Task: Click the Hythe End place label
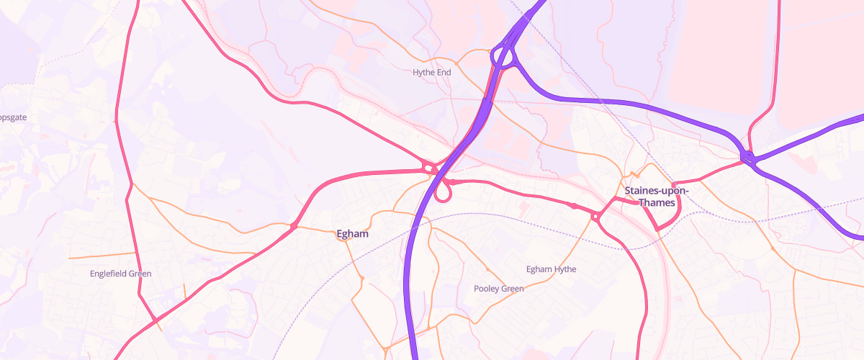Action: (x=431, y=72)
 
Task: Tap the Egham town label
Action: (x=353, y=234)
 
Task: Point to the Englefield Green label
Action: (x=121, y=274)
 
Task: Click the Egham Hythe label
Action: (x=552, y=269)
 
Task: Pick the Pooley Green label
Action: (x=499, y=289)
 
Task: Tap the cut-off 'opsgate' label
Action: (x=13, y=117)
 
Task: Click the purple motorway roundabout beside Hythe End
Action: (x=503, y=57)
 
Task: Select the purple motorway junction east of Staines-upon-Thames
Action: (x=747, y=157)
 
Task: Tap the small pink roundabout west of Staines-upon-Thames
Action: (x=595, y=216)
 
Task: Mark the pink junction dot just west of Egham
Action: (x=294, y=227)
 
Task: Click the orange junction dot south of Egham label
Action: (x=362, y=278)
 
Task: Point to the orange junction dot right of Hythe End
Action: (x=456, y=63)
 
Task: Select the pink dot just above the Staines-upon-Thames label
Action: (x=673, y=184)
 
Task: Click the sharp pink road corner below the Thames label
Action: (x=657, y=229)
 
